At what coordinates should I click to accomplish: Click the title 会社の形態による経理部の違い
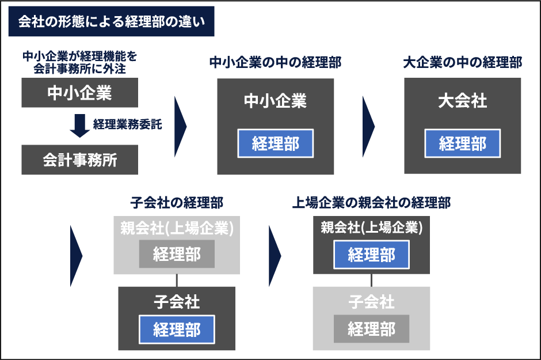click(x=112, y=21)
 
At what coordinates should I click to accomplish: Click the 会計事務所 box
click(x=79, y=160)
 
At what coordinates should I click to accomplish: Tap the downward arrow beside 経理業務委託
click(x=79, y=126)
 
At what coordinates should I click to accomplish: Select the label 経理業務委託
click(x=127, y=124)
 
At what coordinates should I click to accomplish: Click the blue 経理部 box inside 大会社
click(x=462, y=143)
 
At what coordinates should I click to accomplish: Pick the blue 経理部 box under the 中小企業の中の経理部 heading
click(x=275, y=143)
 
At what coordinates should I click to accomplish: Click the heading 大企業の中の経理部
click(x=462, y=62)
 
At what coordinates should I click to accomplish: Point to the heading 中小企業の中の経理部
click(x=275, y=62)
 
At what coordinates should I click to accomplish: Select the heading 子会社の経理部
click(x=177, y=203)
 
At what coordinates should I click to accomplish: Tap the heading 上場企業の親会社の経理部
click(x=371, y=203)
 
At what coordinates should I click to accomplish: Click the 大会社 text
click(x=462, y=101)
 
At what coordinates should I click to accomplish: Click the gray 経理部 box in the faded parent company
click(x=177, y=254)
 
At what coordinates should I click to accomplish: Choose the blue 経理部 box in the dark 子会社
click(x=177, y=329)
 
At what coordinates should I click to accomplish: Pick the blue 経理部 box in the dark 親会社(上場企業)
click(x=371, y=255)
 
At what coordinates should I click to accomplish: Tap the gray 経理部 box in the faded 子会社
click(x=371, y=328)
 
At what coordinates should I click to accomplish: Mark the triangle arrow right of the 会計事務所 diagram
click(x=180, y=126)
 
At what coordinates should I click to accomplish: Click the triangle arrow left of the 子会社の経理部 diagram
click(x=75, y=256)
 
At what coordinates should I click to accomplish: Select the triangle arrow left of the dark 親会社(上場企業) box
click(x=274, y=256)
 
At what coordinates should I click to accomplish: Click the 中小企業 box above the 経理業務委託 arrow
click(x=79, y=93)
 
